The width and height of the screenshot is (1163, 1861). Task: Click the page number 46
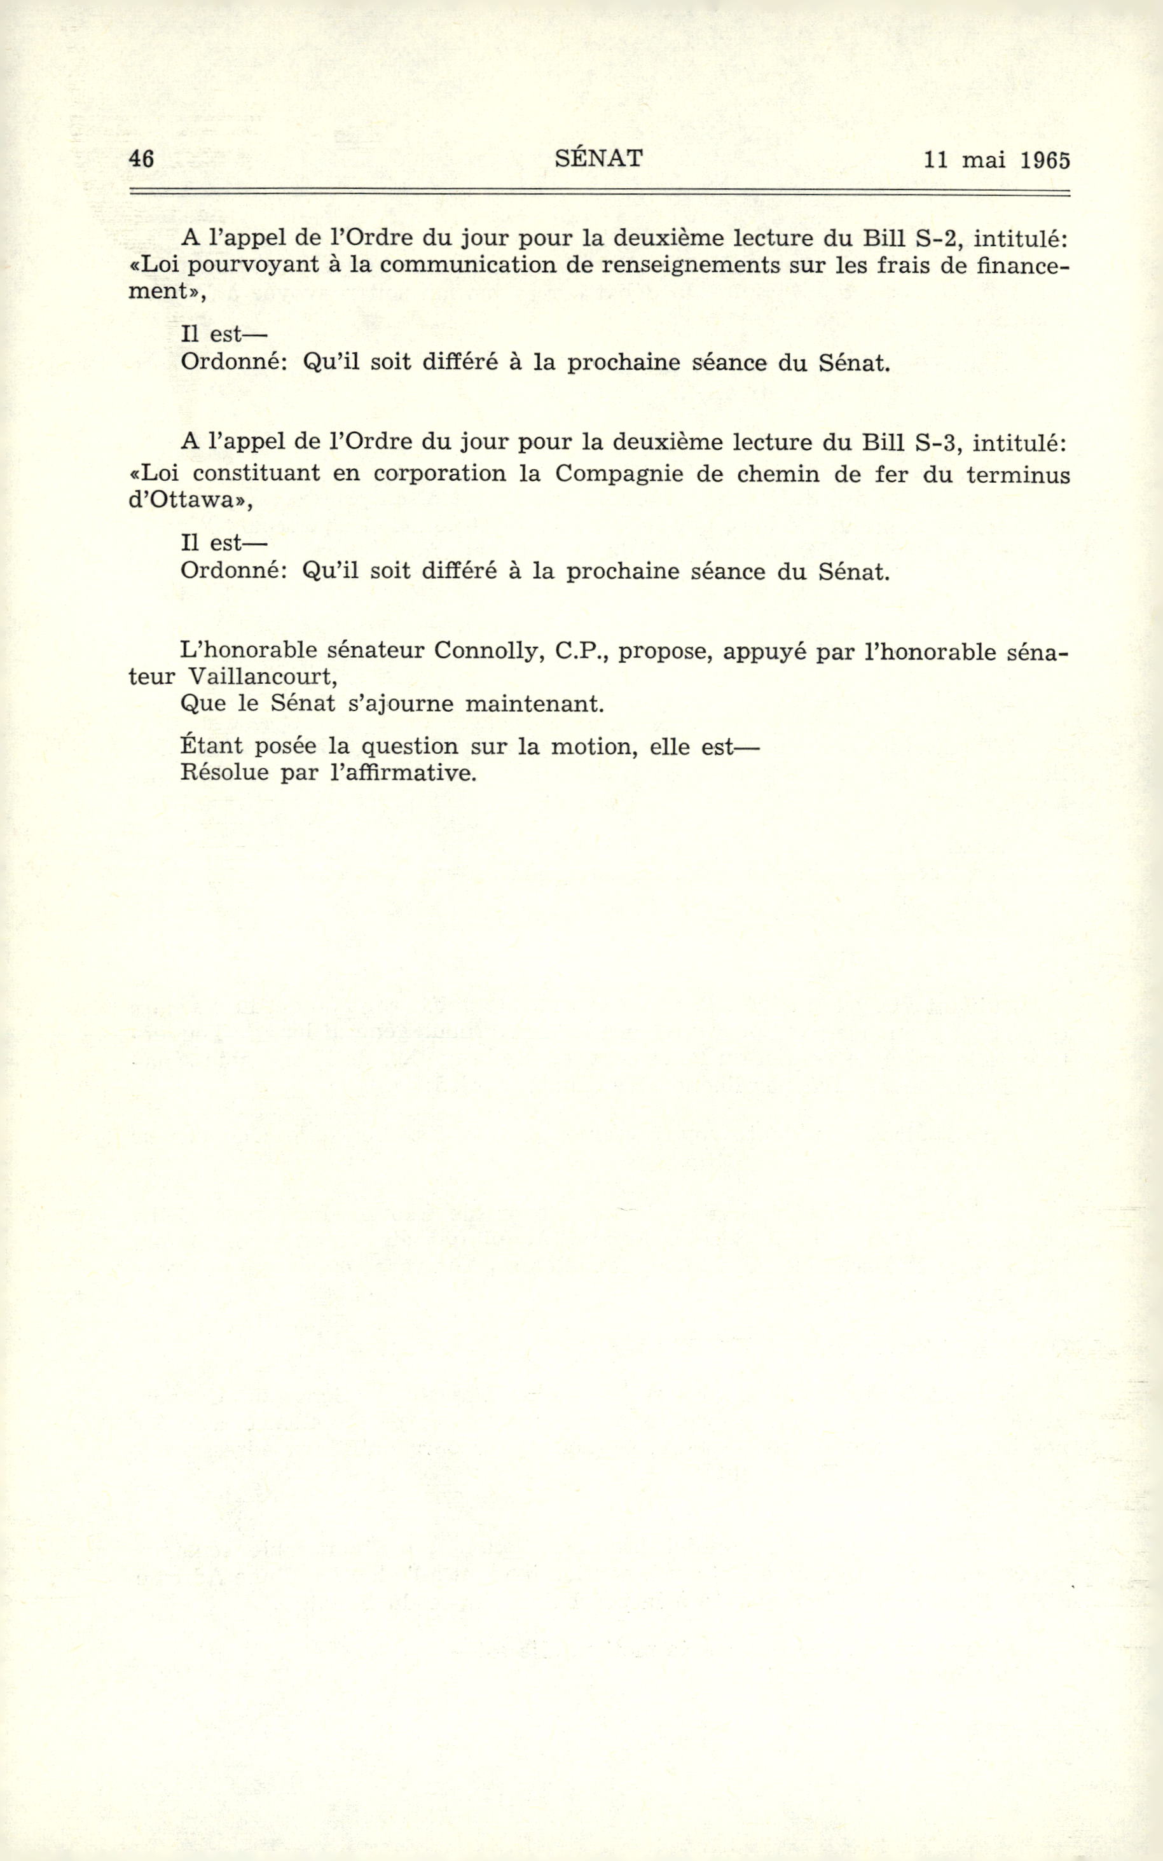tap(142, 159)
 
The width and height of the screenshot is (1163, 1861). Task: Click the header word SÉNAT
tap(598, 158)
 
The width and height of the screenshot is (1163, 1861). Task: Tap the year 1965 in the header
tap(1046, 160)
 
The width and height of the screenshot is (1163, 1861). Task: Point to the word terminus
tap(1017, 474)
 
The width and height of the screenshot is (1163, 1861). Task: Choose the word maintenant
tap(534, 704)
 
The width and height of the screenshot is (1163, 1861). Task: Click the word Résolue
tap(223, 771)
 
